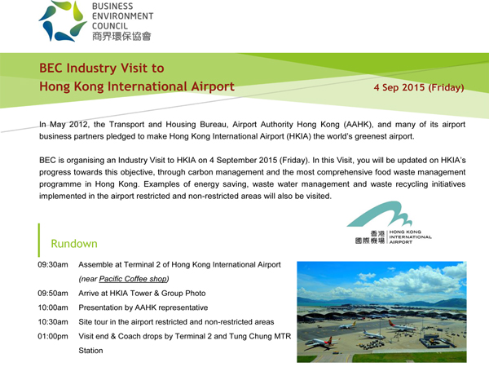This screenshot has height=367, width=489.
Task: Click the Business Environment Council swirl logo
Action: (63, 21)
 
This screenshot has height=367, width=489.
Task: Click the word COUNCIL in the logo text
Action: (110, 26)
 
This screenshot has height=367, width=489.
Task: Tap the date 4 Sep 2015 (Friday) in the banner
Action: (419, 87)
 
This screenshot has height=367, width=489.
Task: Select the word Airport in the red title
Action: (213, 86)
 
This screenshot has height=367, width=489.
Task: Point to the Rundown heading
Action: (74, 244)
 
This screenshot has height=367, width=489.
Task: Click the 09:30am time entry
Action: (53, 264)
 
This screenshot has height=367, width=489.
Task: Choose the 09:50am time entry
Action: (53, 294)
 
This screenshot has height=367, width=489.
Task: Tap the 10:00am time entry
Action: (53, 307)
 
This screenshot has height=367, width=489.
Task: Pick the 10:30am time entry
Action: (53, 322)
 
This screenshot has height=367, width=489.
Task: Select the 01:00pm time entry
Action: (53, 336)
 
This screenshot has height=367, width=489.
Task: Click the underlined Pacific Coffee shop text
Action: (133, 279)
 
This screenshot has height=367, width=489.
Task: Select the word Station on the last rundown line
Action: (90, 351)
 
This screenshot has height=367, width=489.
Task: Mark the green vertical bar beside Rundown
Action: (39, 240)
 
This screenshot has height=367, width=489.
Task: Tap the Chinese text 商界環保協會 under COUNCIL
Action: (121, 36)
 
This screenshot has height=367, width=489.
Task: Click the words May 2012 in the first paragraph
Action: (70, 125)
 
